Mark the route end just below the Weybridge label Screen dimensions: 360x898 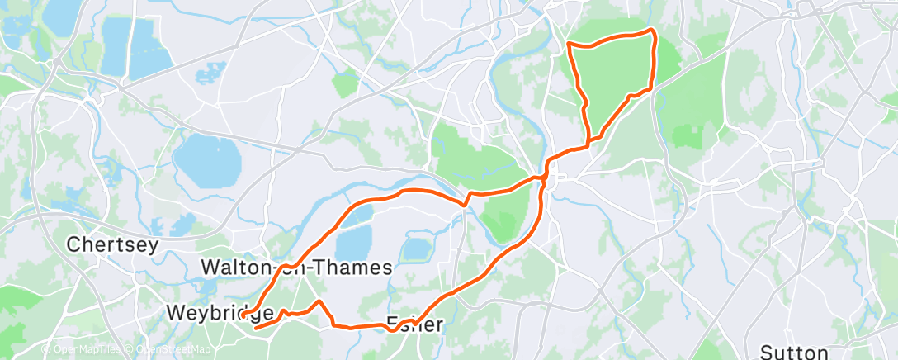click(256, 328)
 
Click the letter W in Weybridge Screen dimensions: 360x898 click(175, 314)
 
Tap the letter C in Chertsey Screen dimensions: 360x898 click(72, 245)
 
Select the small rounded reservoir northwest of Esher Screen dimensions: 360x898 click(414, 249)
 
